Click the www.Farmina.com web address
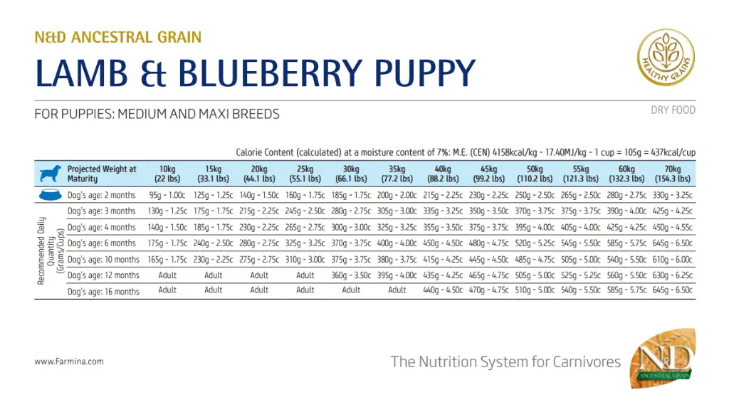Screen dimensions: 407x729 click(x=69, y=361)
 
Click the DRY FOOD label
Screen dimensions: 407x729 click(x=673, y=110)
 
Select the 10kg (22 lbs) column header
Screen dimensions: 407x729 click(x=167, y=174)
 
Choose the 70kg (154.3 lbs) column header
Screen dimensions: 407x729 click(x=673, y=174)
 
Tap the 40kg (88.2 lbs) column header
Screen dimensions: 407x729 click(x=443, y=174)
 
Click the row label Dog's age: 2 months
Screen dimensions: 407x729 click(x=101, y=196)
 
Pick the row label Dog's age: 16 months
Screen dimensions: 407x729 click(x=103, y=291)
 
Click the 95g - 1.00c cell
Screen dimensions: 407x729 click(x=167, y=196)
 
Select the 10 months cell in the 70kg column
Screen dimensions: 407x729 click(x=673, y=260)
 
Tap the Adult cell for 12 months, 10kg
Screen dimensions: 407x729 click(x=167, y=275)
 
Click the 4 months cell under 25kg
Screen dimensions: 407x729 click(x=305, y=228)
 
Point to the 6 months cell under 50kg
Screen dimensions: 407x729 click(x=534, y=243)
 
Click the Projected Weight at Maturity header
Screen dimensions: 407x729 click(x=101, y=174)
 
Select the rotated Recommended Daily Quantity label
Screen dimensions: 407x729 click(x=51, y=250)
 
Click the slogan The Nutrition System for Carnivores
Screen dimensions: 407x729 click(x=505, y=361)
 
